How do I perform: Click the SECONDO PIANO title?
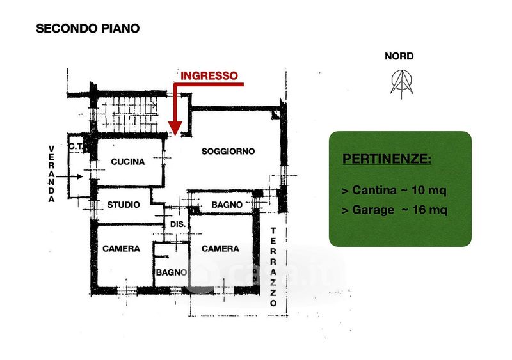87,28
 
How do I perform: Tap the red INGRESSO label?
209,75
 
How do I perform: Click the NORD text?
399,56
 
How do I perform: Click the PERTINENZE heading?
387,159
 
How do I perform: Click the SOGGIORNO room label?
228,152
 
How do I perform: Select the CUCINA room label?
128,162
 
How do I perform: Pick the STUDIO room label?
124,205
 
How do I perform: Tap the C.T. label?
77,145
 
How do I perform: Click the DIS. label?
177,224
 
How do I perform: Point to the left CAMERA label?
121,249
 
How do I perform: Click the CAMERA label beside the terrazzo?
220,249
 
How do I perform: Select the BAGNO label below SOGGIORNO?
227,205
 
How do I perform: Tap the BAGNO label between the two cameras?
171,272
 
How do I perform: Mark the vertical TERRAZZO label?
273,267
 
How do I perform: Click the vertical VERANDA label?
52,174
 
